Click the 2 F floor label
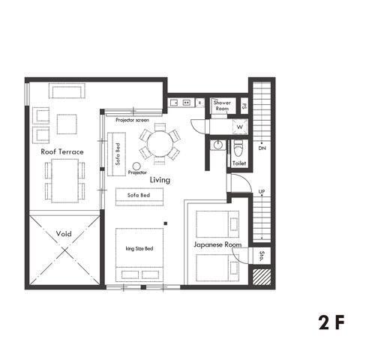[331, 323]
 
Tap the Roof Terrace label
[62, 151]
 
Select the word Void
[64, 234]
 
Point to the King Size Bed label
[139, 248]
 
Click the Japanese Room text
[217, 244]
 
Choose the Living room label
[160, 180]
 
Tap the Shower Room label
[222, 106]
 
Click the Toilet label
[239, 163]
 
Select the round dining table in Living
[159, 142]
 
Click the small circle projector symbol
[137, 166]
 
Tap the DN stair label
[262, 148]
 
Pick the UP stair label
[262, 192]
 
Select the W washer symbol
[239, 127]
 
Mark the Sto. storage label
[261, 255]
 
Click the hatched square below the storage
[261, 277]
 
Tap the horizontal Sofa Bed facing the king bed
[139, 195]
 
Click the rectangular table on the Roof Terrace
[64, 180]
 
